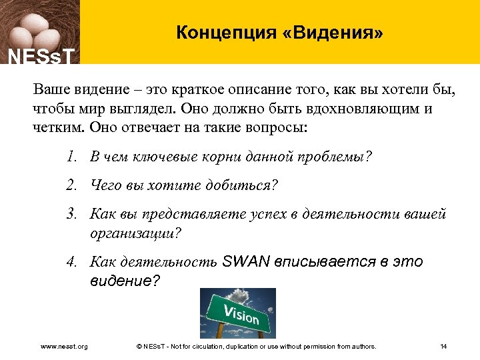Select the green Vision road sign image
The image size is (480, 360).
click(x=238, y=311)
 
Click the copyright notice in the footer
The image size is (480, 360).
click(x=255, y=346)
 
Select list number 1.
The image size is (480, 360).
click(x=71, y=157)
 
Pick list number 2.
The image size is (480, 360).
click(x=71, y=186)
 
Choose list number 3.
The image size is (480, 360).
click(x=71, y=215)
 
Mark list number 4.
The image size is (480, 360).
click(x=71, y=261)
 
